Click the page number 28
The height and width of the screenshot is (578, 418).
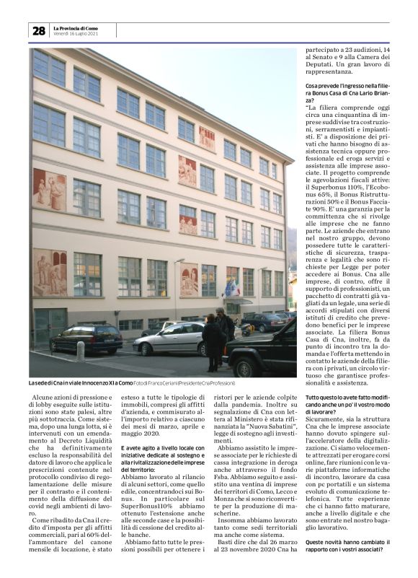click(38, 31)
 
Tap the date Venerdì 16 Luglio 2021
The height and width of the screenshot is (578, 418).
click(76, 34)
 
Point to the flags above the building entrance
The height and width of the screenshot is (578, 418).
click(233, 289)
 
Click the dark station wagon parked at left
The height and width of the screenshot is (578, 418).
click(86, 338)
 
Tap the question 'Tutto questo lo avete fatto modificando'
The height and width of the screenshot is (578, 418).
click(347, 402)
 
